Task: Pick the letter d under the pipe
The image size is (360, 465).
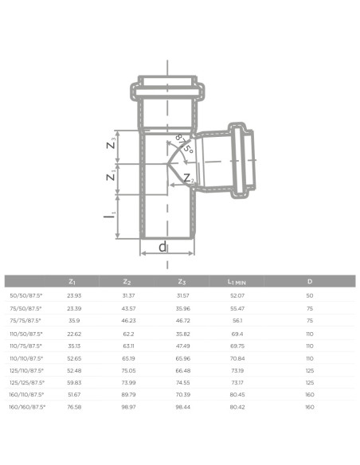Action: (x=162, y=247)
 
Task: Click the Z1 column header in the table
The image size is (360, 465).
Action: (x=72, y=281)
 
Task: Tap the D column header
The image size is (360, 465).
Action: (x=309, y=281)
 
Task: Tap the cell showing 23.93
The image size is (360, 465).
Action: (x=72, y=295)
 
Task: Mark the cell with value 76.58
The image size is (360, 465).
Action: (x=72, y=406)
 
